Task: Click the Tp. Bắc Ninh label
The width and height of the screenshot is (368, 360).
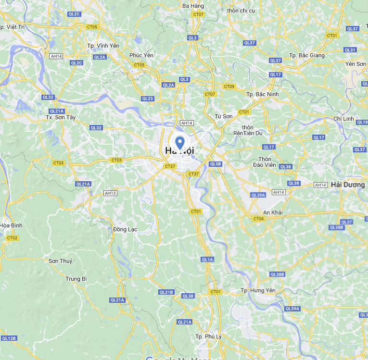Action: click(x=262, y=94)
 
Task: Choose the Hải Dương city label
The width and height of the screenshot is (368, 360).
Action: click(x=348, y=185)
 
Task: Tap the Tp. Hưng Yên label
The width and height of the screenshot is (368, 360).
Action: click(x=258, y=291)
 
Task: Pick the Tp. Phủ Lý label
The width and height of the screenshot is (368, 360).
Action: click(x=208, y=336)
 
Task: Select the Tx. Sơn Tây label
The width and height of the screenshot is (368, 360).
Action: click(x=61, y=117)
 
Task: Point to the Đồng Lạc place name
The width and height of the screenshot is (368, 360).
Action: click(x=125, y=229)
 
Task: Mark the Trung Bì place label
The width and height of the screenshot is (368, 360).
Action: click(x=76, y=279)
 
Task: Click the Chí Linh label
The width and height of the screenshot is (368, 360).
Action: click(x=343, y=119)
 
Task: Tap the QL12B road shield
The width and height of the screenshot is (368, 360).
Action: click(x=9, y=338)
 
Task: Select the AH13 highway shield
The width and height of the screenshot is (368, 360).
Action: click(x=110, y=193)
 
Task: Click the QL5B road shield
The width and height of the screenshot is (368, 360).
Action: click(x=216, y=164)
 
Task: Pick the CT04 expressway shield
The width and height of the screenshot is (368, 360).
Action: click(x=258, y=219)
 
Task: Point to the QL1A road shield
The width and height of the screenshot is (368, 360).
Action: click(x=207, y=260)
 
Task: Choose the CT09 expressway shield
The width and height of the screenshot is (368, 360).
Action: click(x=229, y=87)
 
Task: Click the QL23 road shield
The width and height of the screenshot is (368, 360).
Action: click(x=147, y=99)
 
